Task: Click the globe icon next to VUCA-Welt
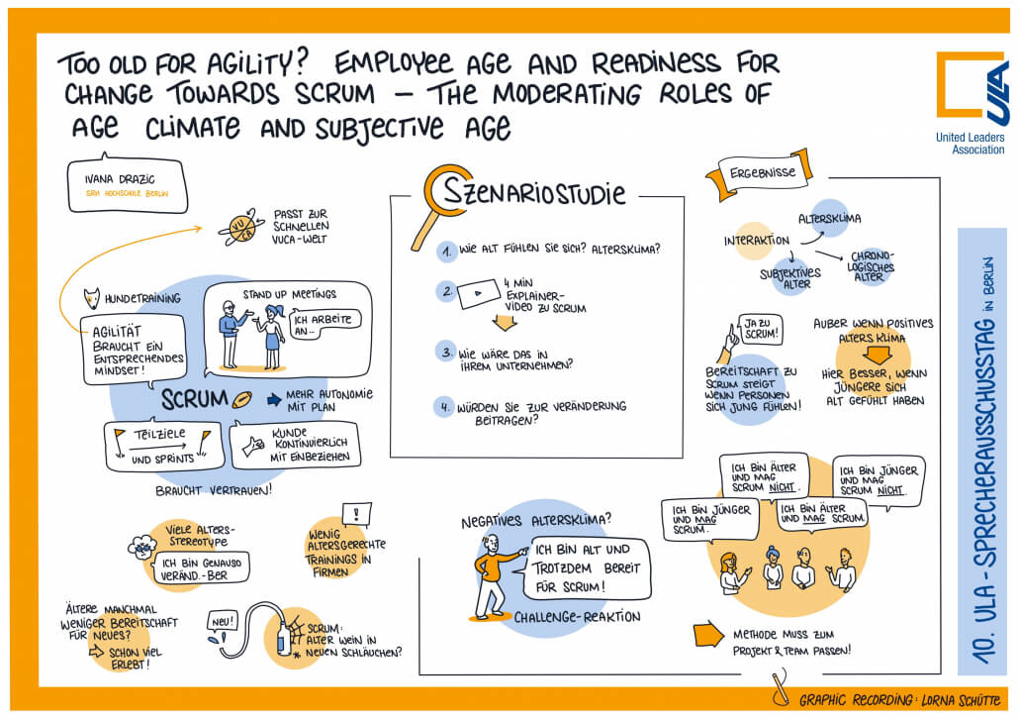point(240,227)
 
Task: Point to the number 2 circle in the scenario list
point(447,292)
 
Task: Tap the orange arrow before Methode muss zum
point(708,635)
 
